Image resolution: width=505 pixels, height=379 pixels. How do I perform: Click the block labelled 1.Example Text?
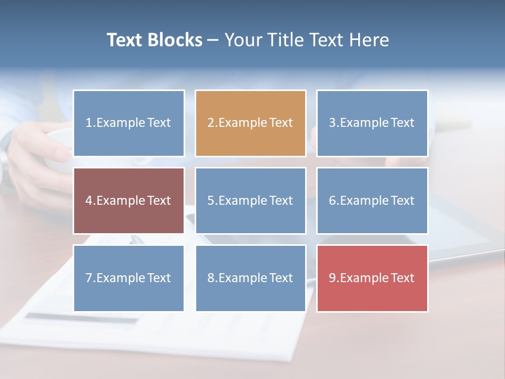point(128,123)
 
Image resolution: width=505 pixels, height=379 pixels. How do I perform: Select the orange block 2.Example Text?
point(250,123)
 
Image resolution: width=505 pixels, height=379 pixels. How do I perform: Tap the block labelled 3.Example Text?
point(372,123)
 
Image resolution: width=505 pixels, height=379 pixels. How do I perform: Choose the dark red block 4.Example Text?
point(128,201)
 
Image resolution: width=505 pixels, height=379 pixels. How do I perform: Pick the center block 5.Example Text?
point(250,201)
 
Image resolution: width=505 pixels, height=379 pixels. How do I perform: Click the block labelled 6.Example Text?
point(372,201)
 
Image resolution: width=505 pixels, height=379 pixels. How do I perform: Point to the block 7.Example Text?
point(128,278)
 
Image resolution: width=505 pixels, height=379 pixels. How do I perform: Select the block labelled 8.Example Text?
point(250,278)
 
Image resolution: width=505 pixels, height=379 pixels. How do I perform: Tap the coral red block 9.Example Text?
point(372,278)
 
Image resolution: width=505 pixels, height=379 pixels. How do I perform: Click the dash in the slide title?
point(213,41)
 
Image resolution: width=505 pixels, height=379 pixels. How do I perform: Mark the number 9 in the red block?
point(332,278)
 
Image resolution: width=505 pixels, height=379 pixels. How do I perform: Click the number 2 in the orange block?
point(210,123)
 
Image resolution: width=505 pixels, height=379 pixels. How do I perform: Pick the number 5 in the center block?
point(210,201)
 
